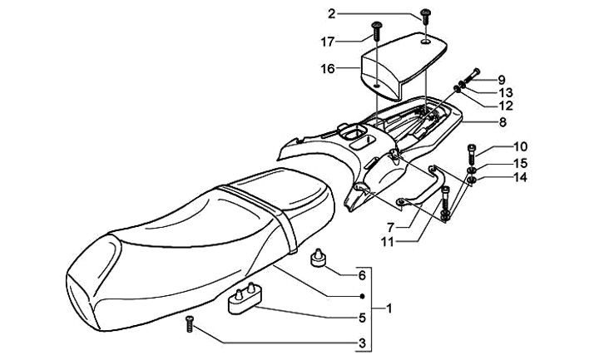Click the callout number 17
[328, 40]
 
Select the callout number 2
[331, 13]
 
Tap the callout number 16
[328, 69]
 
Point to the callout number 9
[502, 80]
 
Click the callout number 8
[502, 121]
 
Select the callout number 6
[362, 275]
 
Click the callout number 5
[362, 317]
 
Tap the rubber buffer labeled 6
[317, 259]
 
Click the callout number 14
[498, 177]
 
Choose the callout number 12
[504, 106]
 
